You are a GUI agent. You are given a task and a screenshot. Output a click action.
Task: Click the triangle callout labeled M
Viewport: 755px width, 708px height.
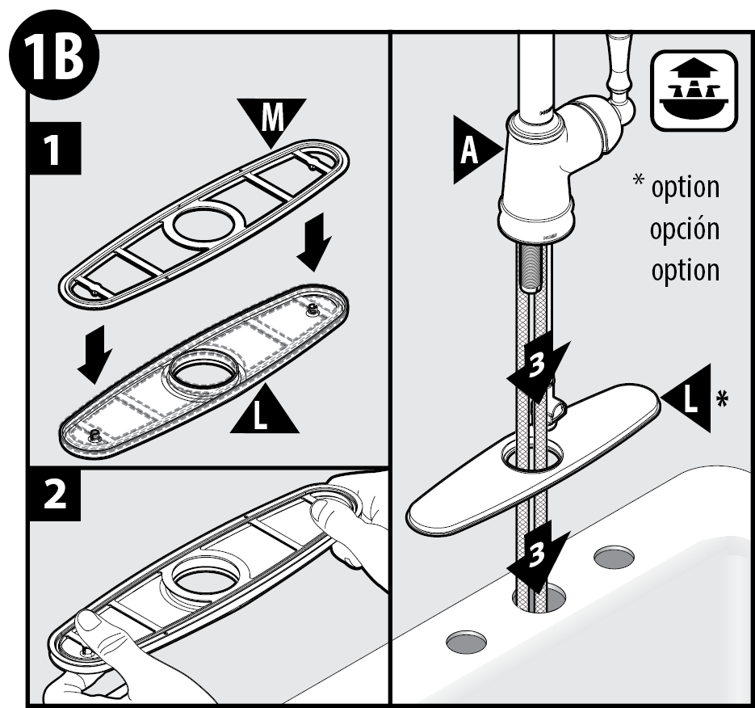(272, 118)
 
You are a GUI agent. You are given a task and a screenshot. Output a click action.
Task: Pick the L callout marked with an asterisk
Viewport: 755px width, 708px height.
(688, 397)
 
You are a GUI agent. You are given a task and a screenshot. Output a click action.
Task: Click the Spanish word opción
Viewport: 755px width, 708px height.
(684, 228)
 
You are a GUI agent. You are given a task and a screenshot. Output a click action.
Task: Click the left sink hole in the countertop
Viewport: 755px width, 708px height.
(467, 641)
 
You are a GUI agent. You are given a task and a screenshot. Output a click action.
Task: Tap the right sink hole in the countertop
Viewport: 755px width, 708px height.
(614, 556)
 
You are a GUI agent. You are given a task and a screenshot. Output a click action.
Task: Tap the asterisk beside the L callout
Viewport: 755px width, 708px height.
(723, 399)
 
